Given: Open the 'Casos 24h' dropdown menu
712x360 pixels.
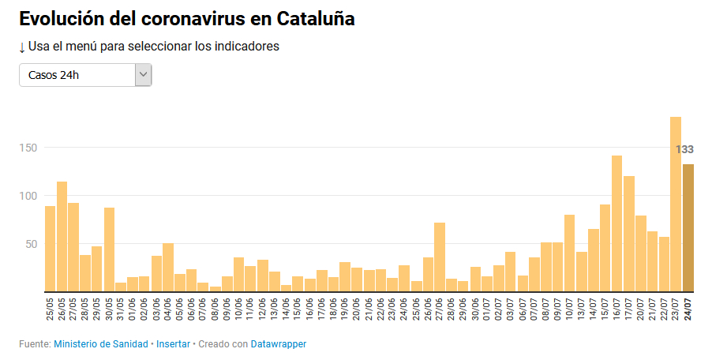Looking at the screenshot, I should (85, 75).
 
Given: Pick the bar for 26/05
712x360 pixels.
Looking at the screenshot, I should (62, 236).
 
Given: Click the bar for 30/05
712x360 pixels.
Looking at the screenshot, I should (109, 249).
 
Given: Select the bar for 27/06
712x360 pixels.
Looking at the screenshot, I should (440, 257).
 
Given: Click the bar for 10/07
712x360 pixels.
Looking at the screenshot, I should (569, 253).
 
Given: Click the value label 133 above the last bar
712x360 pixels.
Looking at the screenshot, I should (684, 149).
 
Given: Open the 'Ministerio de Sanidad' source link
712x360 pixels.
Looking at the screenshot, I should (101, 344).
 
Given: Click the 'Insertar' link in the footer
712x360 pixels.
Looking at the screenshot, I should (173, 344).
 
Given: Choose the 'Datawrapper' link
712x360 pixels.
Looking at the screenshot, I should (279, 344).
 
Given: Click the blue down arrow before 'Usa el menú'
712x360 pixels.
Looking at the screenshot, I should (22, 47).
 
